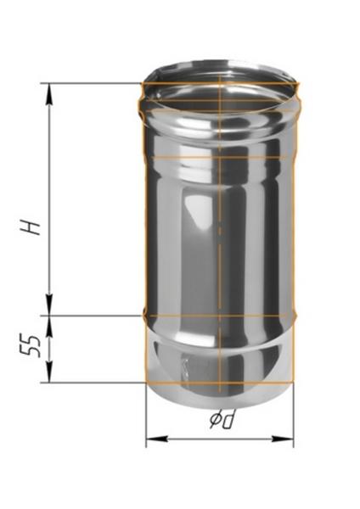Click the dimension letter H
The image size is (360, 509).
pos(31,228)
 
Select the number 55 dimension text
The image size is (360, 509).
pos(32,348)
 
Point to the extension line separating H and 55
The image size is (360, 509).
pos(93,314)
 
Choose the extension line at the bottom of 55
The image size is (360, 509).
pos(93,382)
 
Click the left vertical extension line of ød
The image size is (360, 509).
pos(147,416)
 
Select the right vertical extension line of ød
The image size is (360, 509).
pos(293,416)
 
